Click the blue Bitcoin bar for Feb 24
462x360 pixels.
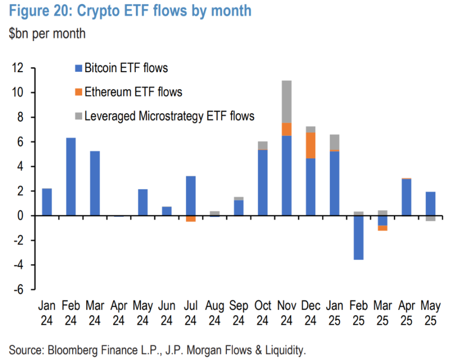tap(71, 176)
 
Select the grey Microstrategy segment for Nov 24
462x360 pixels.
tap(287, 101)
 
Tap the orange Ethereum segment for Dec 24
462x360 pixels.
tap(311, 145)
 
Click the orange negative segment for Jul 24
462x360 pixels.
tap(190, 219)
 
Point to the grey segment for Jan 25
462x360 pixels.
tap(335, 142)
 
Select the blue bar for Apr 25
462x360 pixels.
tap(406, 197)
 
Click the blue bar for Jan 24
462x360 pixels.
tap(47, 202)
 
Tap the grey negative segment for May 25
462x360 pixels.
tap(430, 219)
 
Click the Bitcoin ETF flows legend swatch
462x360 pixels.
tap(78, 68)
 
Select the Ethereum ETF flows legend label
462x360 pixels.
tap(133, 92)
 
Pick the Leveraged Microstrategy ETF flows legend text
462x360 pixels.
tap(169, 117)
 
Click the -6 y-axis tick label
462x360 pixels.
tap(19, 289)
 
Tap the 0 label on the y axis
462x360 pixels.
tap(21, 216)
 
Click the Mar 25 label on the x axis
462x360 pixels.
tap(382, 312)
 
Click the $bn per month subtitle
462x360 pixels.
tap(47, 34)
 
